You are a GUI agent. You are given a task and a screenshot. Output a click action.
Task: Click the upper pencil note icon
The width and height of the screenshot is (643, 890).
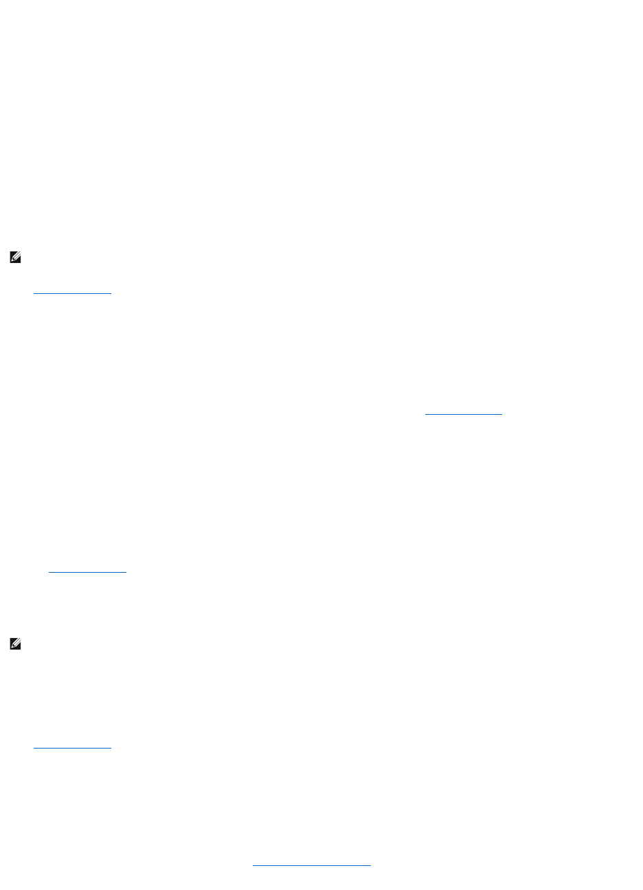pyautogui.click(x=15, y=258)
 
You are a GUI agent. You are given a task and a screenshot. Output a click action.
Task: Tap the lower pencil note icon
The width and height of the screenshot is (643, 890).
pyautogui.click(x=15, y=644)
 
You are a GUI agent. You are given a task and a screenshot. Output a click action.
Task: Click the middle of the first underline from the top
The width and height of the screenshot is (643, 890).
pyautogui.click(x=72, y=293)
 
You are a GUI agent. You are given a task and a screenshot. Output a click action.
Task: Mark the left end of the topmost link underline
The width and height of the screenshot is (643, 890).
pyautogui.click(x=34, y=293)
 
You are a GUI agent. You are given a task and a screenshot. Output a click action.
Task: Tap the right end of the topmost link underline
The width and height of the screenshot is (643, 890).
pyautogui.click(x=111, y=293)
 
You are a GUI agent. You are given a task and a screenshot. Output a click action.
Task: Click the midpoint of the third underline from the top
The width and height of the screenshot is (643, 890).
pyautogui.click(x=88, y=571)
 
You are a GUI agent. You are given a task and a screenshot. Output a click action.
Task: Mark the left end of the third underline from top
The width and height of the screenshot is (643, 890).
pyautogui.click(x=49, y=571)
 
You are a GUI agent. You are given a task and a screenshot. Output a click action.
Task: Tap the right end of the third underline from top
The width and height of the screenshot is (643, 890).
pyautogui.click(x=127, y=571)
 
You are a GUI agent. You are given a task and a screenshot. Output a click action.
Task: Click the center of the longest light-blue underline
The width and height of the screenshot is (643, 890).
pyautogui.click(x=311, y=866)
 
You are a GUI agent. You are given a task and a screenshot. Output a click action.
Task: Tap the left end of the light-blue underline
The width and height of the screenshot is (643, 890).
pyautogui.click(x=253, y=866)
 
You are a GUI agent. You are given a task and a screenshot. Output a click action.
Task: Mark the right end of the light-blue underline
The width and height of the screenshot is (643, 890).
pyautogui.click(x=370, y=866)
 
